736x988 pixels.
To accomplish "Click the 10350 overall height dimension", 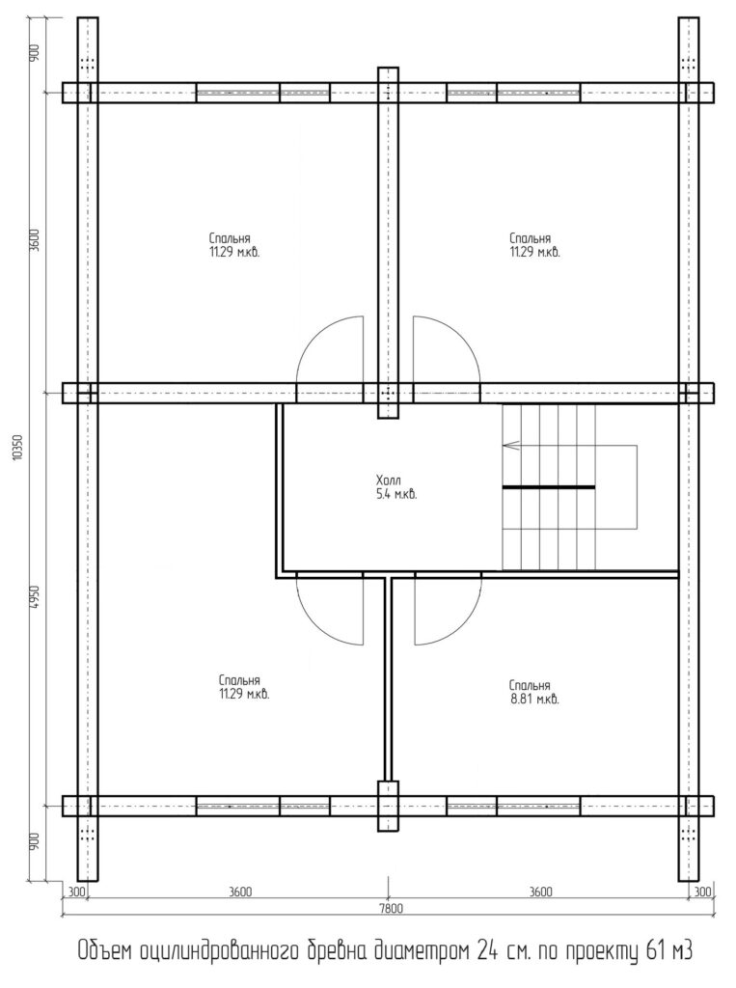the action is (17, 447).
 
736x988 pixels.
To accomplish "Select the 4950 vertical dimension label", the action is (35, 596).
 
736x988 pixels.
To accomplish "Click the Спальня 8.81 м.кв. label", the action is (534, 693).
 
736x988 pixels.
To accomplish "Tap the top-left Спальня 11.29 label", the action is (234, 246).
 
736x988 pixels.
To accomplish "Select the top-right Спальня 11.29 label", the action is (534, 246).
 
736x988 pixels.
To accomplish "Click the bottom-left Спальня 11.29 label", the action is (244, 688).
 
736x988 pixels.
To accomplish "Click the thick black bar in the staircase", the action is (549, 487).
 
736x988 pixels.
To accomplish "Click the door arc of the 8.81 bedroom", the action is (462, 626).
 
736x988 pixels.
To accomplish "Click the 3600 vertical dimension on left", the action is (35, 240).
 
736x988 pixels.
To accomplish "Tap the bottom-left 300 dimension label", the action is (75, 892).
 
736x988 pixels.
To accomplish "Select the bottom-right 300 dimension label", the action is (703, 892).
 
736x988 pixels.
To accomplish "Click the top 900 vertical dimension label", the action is (35, 52).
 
